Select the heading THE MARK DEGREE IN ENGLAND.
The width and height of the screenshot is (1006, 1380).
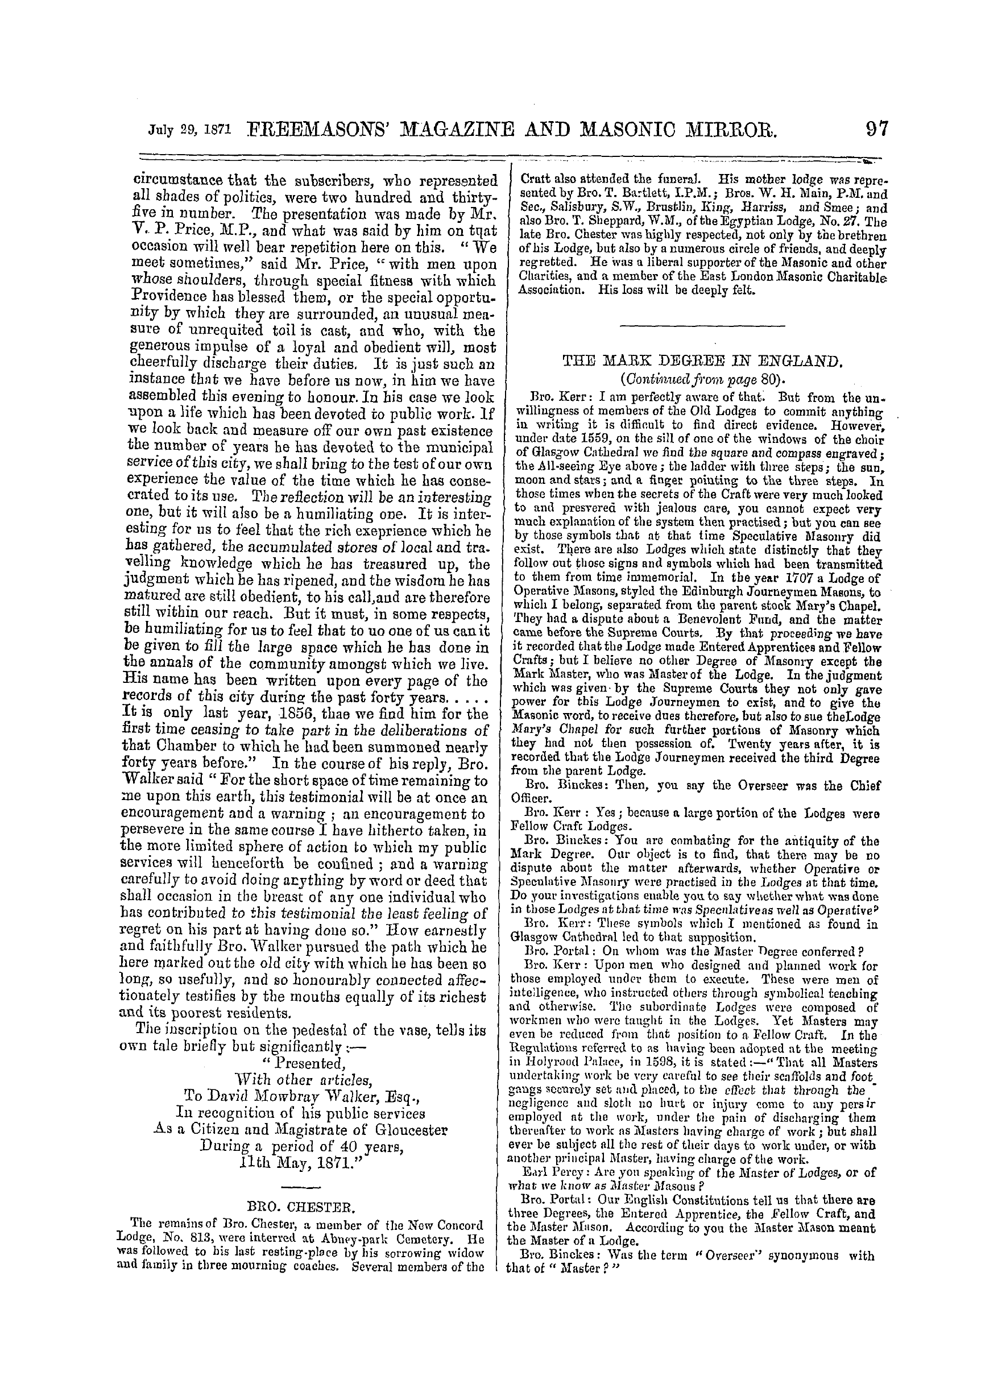click(702, 363)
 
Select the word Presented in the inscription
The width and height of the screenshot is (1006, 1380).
click(315, 1063)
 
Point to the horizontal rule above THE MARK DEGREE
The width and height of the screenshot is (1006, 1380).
click(702, 328)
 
